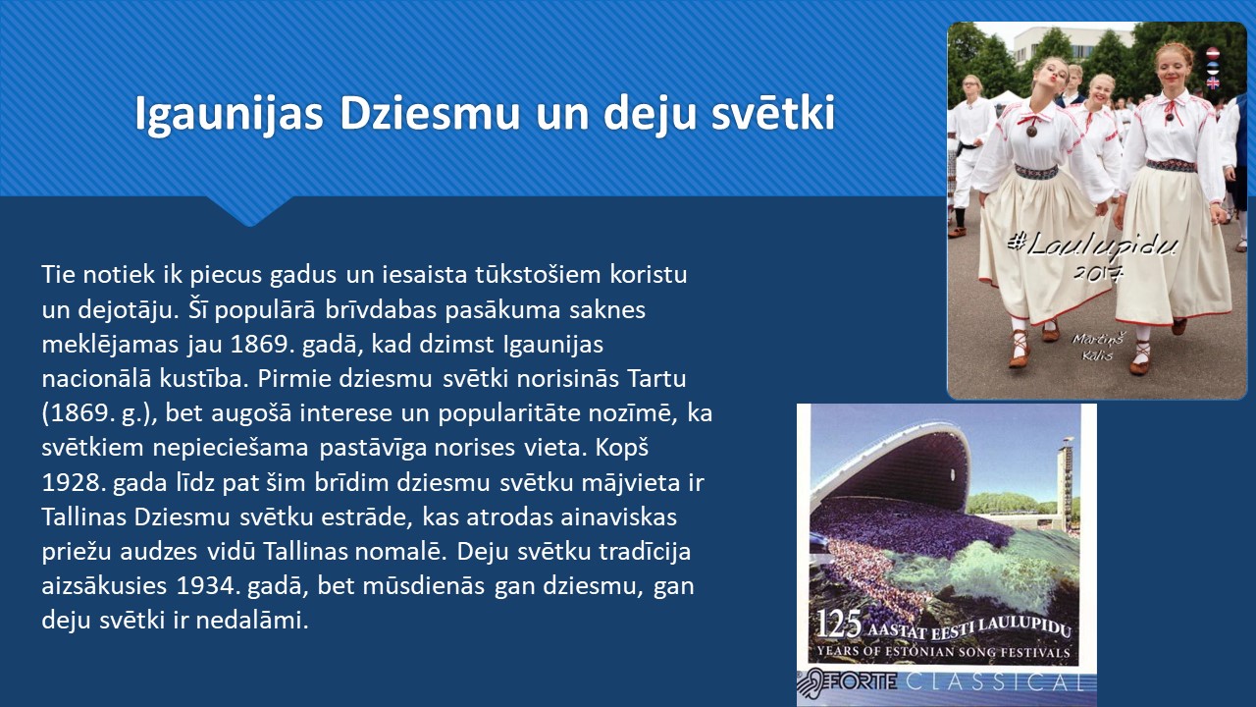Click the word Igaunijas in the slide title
pos(229,115)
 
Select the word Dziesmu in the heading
pos(430,112)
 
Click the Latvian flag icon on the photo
pos(1213,54)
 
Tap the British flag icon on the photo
pos(1213,83)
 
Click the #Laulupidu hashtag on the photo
pos(1092,245)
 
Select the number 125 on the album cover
pos(838,624)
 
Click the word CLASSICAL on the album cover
pos(995,682)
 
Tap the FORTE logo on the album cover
pos(847,682)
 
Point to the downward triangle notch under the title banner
pos(250,211)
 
